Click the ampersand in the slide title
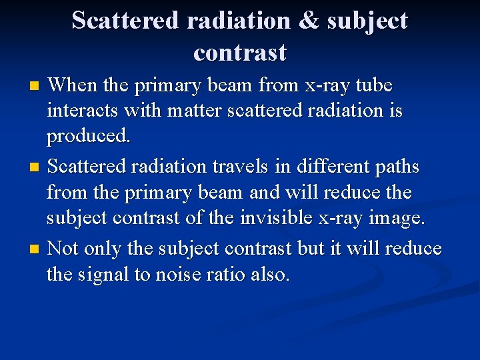pos(309,21)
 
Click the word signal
pos(109,274)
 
